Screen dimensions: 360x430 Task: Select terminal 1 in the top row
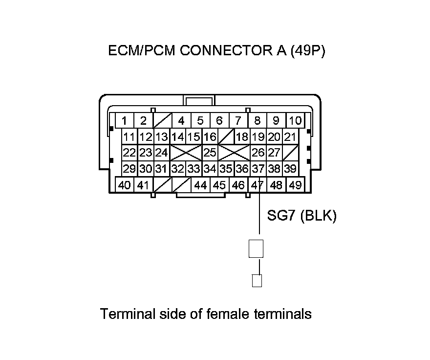tap(125, 120)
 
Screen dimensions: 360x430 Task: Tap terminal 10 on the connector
tap(295, 120)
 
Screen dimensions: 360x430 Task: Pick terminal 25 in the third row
tap(210, 153)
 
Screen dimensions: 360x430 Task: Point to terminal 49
tap(295, 185)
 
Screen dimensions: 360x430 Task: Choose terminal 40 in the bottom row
tap(125, 185)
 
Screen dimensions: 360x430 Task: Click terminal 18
tap(242, 137)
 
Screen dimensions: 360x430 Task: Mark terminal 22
tap(129, 153)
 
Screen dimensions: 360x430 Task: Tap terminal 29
tap(129, 169)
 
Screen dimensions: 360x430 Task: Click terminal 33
tap(193, 169)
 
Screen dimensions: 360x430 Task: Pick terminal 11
tap(129, 137)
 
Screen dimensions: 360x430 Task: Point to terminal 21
tap(290, 137)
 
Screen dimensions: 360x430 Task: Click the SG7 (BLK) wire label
tap(301, 216)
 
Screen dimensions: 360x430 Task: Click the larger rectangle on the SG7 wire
tap(256, 248)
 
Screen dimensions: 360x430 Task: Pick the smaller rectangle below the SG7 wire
tap(257, 281)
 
